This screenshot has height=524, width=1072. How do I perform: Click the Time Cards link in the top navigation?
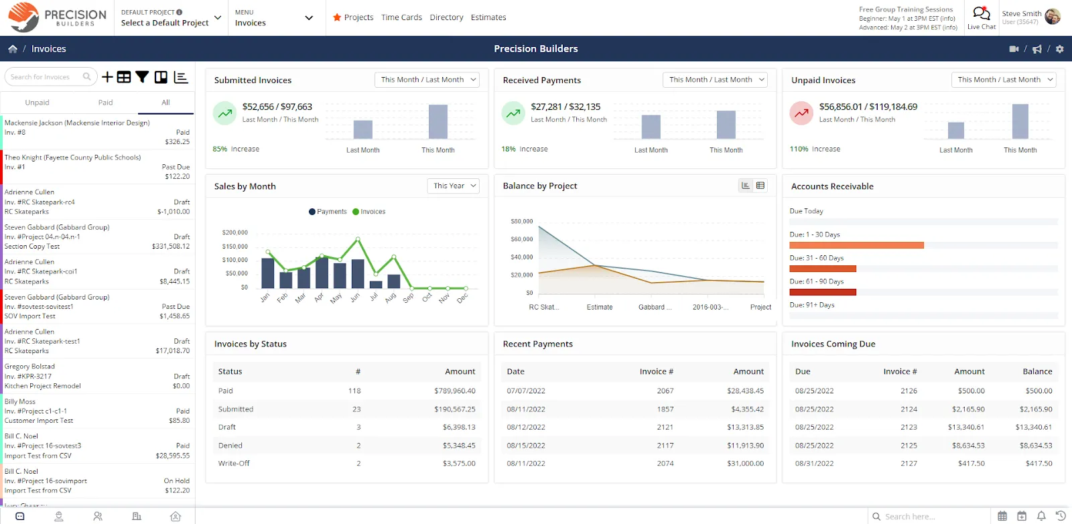[401, 17]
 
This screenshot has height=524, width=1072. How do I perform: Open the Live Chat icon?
[981, 13]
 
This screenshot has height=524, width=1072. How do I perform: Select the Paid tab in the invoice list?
[105, 103]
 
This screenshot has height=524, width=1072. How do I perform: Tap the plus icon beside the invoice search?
[107, 77]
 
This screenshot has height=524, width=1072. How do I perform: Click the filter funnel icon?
[142, 77]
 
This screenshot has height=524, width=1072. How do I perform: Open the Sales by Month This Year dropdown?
[453, 186]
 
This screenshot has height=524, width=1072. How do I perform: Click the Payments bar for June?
[358, 273]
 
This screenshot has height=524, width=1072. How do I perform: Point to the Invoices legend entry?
[368, 212]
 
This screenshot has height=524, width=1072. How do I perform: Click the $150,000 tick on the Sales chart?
[234, 247]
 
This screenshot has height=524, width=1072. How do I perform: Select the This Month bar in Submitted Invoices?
[438, 121]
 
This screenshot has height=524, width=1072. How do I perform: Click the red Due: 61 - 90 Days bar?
[823, 292]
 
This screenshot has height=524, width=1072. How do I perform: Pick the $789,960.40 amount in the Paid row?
[455, 391]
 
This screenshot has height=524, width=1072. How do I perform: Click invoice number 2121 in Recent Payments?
[665, 427]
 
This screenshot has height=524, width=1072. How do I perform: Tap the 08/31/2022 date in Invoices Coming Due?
[814, 463]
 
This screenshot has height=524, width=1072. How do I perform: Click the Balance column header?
[1037, 371]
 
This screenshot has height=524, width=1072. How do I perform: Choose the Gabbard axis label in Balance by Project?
[655, 307]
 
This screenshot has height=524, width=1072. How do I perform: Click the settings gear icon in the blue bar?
[1059, 49]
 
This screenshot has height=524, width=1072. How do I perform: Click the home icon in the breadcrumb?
[13, 49]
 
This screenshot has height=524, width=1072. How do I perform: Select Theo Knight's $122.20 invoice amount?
[177, 177]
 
